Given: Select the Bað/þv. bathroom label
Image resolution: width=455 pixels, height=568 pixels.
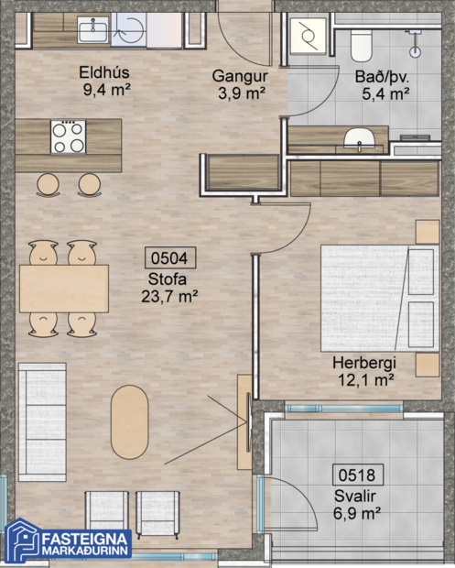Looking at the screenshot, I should (x=382, y=75).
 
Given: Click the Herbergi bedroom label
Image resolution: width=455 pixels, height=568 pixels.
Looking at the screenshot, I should (x=364, y=363).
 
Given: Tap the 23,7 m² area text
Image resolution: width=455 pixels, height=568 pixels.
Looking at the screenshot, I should (x=170, y=297).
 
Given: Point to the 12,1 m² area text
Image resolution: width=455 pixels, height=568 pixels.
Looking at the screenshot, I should (x=364, y=378).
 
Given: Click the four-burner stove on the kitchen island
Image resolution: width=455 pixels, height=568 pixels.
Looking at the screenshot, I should (x=69, y=137).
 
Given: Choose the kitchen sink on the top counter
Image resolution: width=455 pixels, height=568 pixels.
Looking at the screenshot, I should (x=92, y=32).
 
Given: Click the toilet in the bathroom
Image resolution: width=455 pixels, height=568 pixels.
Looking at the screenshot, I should (x=360, y=41).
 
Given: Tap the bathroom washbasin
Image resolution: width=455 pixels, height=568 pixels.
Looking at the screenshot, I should (x=358, y=139).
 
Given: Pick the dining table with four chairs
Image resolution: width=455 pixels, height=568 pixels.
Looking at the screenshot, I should (x=63, y=288).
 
